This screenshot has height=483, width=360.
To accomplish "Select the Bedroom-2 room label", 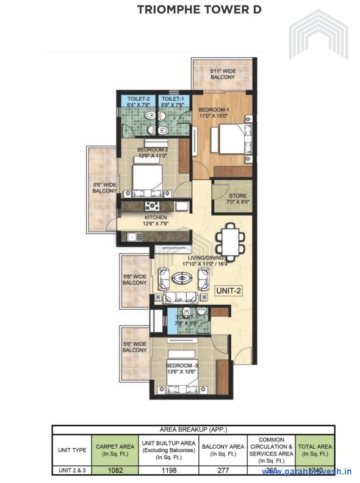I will point(153,152).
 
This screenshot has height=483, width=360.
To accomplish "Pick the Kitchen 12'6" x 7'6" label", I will point(156,220).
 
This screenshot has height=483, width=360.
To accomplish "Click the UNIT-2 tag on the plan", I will point(229,291).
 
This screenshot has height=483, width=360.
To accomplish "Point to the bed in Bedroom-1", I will point(231,139).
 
